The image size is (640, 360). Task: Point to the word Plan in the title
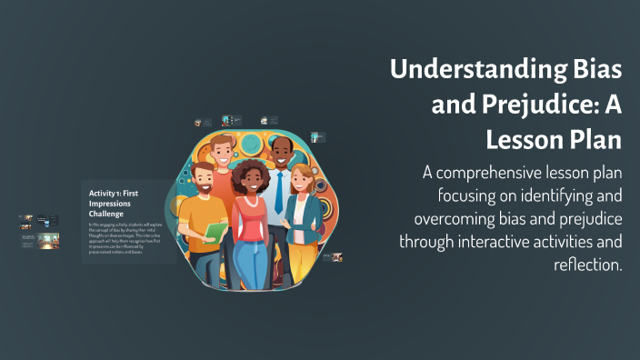pos(599,141)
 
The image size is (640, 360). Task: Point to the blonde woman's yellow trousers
pos(305,259)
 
